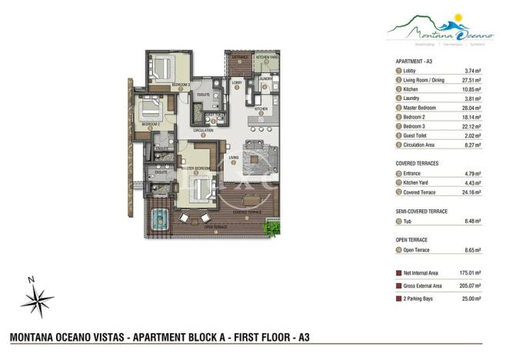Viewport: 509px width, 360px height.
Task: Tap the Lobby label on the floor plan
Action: (237, 82)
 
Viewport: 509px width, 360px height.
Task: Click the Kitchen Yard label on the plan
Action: (266, 58)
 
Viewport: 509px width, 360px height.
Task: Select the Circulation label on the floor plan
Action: (203, 131)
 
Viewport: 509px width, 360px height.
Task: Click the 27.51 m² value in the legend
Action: (471, 80)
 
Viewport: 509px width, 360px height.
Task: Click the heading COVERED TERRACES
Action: (417, 164)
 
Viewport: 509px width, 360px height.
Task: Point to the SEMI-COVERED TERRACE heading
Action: (421, 211)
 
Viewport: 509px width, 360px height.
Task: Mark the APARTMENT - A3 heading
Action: (414, 60)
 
